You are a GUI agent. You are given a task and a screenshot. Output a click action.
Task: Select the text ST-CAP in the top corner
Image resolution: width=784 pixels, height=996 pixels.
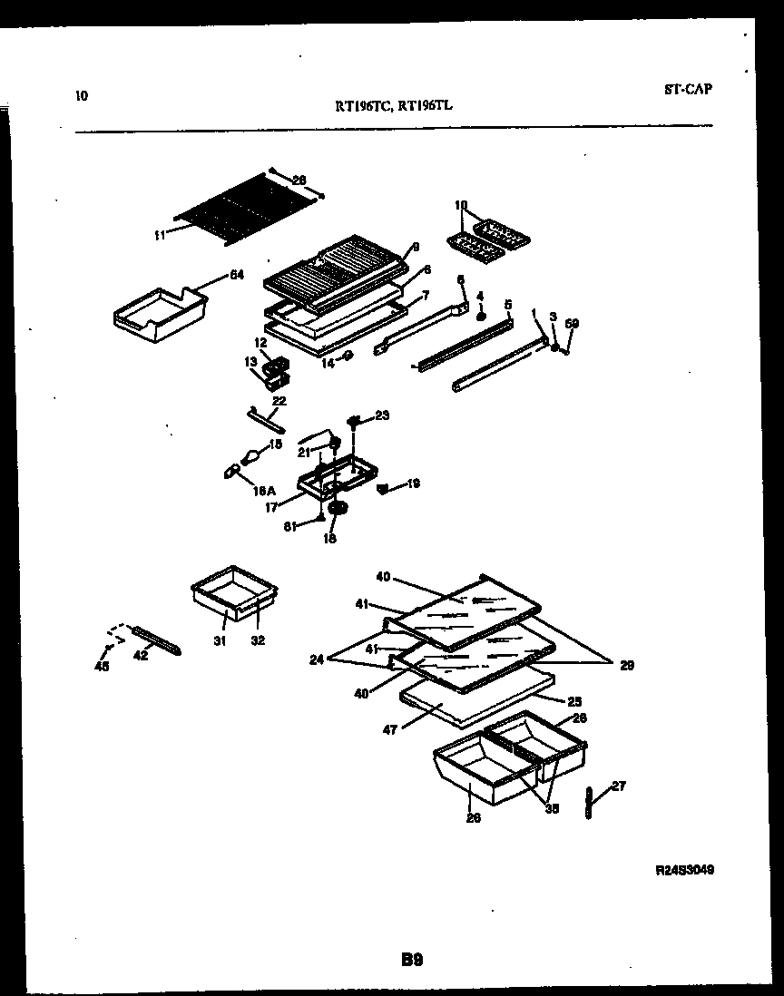click(687, 89)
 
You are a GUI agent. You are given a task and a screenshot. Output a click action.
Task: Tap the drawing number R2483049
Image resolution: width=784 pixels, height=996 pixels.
click(684, 869)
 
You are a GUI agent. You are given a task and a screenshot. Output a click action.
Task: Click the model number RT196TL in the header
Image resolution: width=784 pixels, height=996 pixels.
click(426, 105)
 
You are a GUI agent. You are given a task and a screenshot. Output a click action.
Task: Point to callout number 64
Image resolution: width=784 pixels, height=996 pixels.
click(236, 275)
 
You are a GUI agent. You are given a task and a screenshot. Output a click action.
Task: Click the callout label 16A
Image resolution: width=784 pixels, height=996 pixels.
click(263, 490)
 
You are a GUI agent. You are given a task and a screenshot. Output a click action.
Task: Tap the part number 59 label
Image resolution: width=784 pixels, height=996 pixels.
click(572, 323)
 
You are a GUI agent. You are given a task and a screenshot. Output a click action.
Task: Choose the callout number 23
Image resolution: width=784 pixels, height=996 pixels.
click(381, 416)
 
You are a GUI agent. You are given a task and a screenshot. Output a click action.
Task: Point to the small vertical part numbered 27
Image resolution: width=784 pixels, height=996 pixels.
click(589, 803)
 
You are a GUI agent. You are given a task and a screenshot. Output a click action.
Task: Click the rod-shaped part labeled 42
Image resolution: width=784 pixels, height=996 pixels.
click(158, 640)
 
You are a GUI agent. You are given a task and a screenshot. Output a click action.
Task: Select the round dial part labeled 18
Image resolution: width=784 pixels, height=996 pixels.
click(338, 511)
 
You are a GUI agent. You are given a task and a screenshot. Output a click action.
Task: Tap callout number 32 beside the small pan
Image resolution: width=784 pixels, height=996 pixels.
click(257, 640)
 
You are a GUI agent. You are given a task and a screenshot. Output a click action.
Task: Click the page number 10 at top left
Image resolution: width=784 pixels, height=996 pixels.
click(82, 93)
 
